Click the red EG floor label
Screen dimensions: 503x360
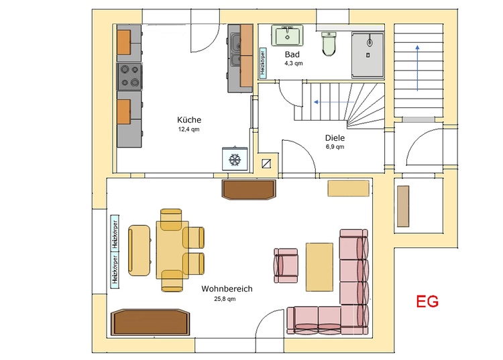tap(427, 301)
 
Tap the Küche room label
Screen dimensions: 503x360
tap(189, 119)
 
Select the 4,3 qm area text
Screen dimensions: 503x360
tap(294, 64)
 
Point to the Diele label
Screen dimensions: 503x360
tap(335, 138)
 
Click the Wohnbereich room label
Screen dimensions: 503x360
tap(227, 289)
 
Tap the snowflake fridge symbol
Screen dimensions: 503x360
tap(235, 159)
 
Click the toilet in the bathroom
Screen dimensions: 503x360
tap(329, 44)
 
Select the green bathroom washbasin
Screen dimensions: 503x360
tap(288, 36)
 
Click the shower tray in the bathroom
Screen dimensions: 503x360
tap(368, 55)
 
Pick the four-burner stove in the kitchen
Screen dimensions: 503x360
tap(129, 76)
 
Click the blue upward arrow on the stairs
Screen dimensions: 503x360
tap(417, 68)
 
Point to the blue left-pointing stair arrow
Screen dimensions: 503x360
tap(334, 103)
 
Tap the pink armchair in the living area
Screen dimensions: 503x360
tap(286, 265)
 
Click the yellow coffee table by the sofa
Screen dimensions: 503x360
tap(319, 267)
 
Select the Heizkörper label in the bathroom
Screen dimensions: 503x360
tap(263, 63)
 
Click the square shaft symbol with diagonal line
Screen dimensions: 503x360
tap(266, 164)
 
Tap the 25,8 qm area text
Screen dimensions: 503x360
tap(225, 299)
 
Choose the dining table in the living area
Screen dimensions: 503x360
tap(172, 250)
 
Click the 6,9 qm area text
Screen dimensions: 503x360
tap(335, 147)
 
